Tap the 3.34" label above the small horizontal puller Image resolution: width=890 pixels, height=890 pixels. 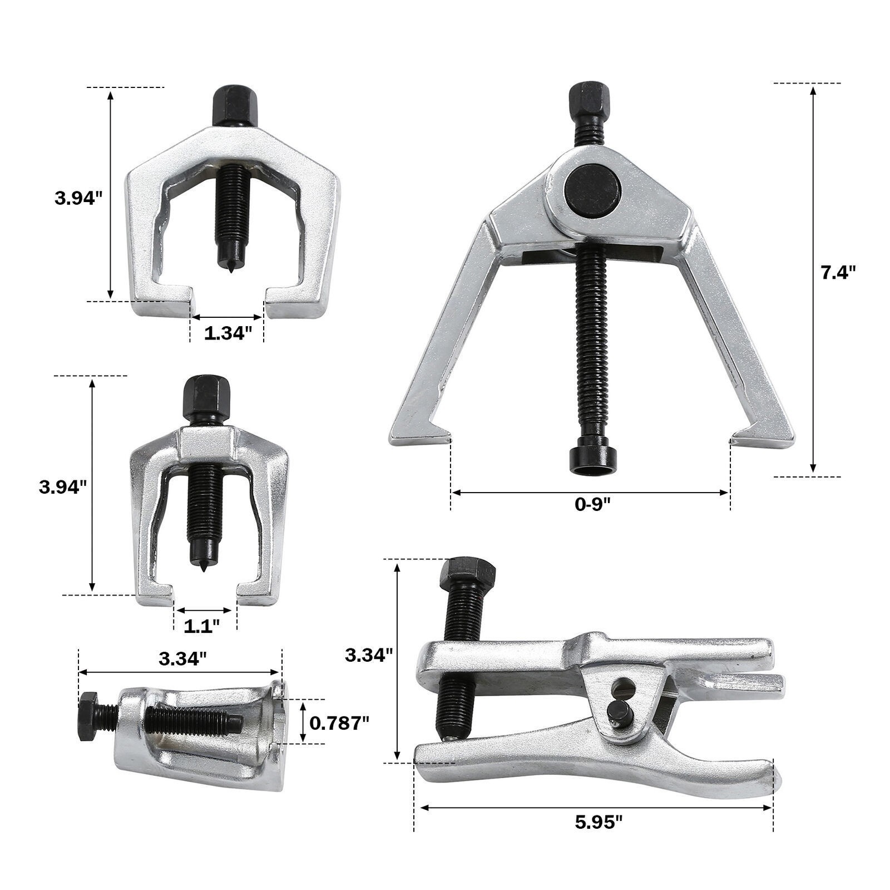[182, 659]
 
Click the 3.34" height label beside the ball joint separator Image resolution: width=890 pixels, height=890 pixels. [369, 655]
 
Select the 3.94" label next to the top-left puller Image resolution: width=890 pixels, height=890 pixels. [78, 198]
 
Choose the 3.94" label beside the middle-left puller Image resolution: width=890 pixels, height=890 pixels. [63, 487]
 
